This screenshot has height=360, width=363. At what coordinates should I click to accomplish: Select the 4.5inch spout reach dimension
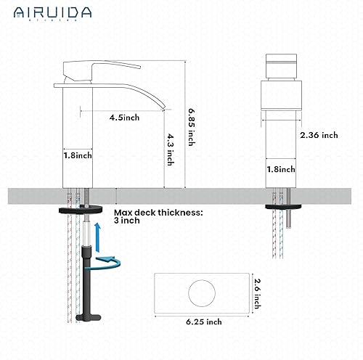pyautogui.click(x=125, y=116)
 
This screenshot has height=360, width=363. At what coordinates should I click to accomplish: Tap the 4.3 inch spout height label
pyautogui.click(x=170, y=151)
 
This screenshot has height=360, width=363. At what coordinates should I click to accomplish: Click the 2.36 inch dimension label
pyautogui.click(x=319, y=135)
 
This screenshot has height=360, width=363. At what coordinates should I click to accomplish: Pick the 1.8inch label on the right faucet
pyautogui.click(x=281, y=169)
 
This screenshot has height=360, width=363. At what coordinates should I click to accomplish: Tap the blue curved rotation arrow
pyautogui.click(x=110, y=258)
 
